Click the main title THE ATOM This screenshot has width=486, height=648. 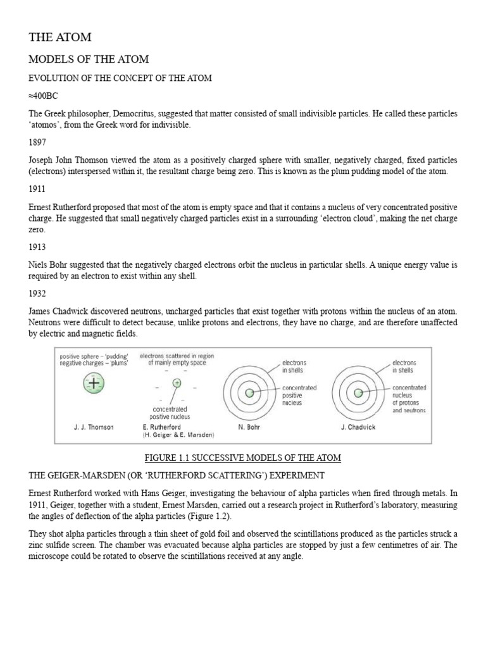click(59, 37)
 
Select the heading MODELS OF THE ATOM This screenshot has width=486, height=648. click(89, 59)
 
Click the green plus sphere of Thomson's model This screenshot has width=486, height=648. click(93, 383)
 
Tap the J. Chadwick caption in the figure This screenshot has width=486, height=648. click(358, 427)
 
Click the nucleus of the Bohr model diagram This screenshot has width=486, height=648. click(249, 393)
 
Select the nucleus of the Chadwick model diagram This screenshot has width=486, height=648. click(359, 393)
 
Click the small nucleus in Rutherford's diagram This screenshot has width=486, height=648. click(177, 382)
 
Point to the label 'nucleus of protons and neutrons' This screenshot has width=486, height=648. click(409, 399)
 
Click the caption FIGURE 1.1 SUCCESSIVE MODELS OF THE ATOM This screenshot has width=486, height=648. click(242, 457)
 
